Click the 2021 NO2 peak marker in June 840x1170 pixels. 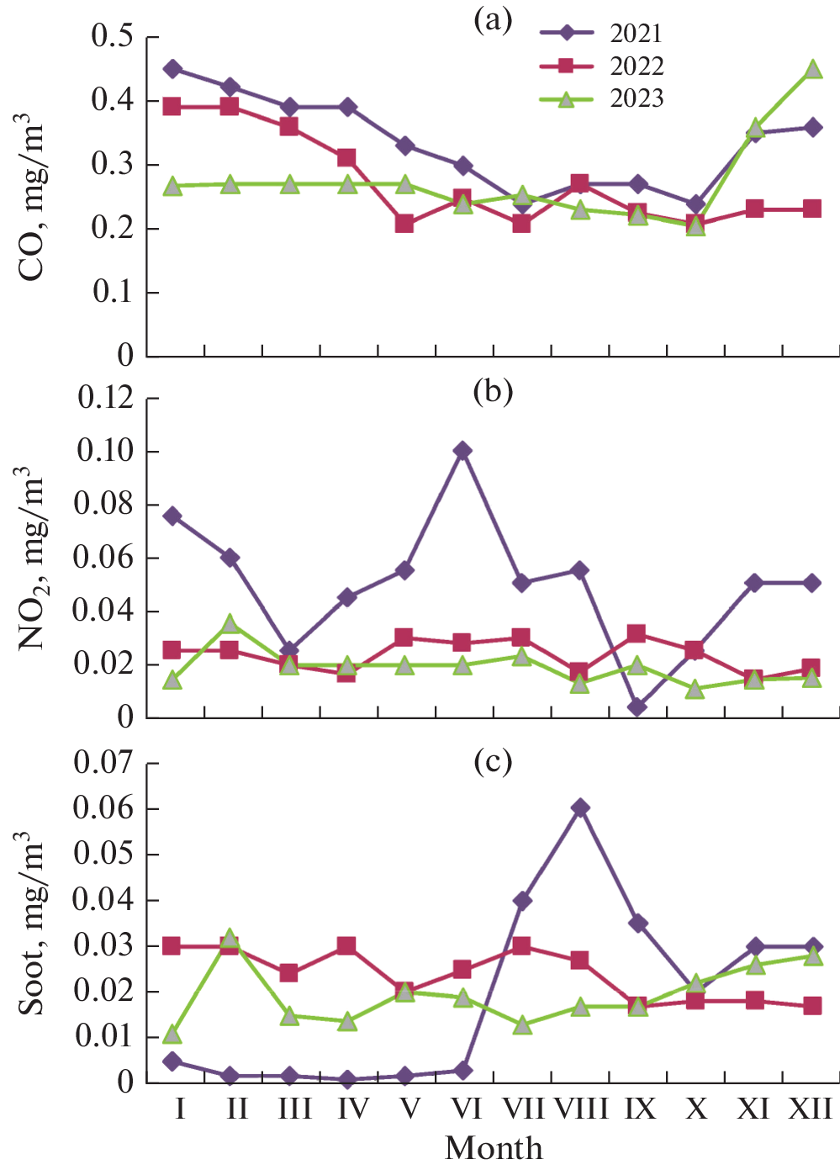(x=462, y=451)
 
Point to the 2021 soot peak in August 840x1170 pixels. (x=579, y=808)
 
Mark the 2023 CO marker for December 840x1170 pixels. (x=813, y=70)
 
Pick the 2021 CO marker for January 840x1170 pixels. (x=172, y=69)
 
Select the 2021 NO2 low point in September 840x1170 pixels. (x=637, y=707)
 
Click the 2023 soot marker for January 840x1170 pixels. (x=172, y=1034)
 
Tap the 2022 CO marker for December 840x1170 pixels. (x=812, y=209)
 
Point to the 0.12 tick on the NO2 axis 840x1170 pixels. (x=106, y=398)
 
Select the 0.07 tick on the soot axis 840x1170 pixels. (x=106, y=763)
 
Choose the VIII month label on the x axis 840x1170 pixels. (x=581, y=1109)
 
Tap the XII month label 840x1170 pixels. (x=811, y=1109)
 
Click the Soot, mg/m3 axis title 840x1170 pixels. (x=31, y=923)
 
